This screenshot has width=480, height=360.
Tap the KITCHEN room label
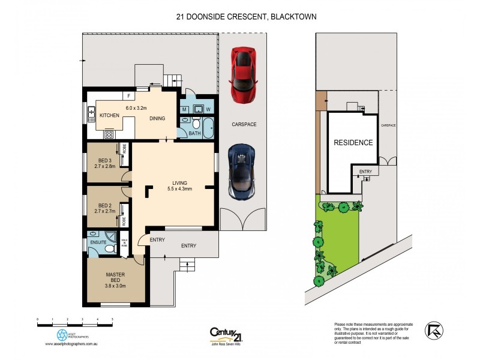(x=109, y=115)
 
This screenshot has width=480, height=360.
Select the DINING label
(x=158, y=118)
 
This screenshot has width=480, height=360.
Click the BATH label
(x=194, y=133)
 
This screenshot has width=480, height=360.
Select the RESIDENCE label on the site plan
(x=353, y=143)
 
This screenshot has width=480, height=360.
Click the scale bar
(x=74, y=323)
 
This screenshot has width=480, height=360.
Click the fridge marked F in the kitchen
(x=129, y=95)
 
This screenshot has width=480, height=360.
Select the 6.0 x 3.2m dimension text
(x=137, y=108)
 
